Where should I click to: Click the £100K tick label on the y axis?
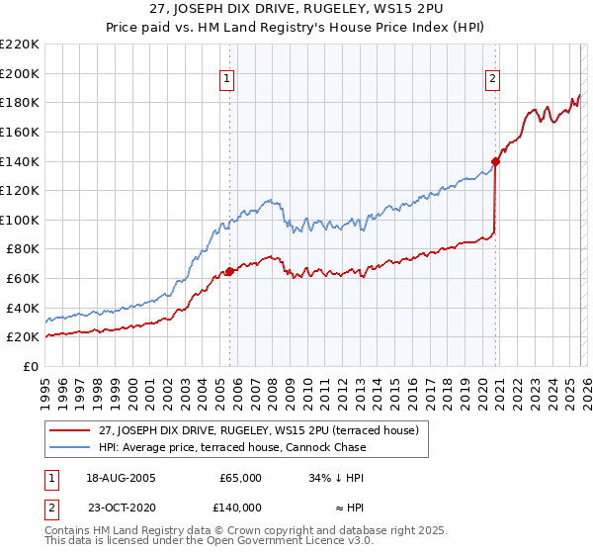[20, 220]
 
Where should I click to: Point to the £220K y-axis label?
[20, 45]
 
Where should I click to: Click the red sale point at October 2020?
[495, 161]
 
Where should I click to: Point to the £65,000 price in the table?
[240, 477]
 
